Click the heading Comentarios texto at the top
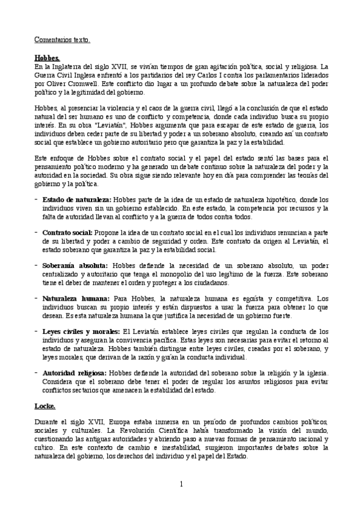(x=62, y=40)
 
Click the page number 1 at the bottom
(x=181, y=483)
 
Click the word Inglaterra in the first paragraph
(x=68, y=66)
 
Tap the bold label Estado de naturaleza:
(x=76, y=199)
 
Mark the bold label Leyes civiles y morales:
(x=81, y=332)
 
